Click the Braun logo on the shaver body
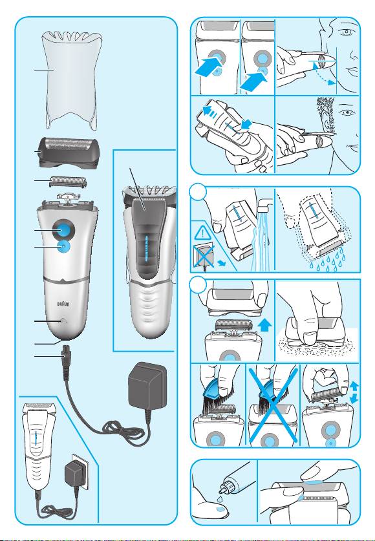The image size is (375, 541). pyautogui.click(x=63, y=304)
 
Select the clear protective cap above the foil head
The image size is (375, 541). pyautogui.click(x=72, y=80)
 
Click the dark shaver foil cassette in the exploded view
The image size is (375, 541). pyautogui.click(x=68, y=152)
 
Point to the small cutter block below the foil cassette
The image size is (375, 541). pyautogui.click(x=68, y=182)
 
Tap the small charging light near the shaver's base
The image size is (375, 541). pyautogui.click(x=63, y=321)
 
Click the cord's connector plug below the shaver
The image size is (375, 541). pyautogui.click(x=65, y=353)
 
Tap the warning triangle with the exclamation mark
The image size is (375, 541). pyautogui.click(x=201, y=234)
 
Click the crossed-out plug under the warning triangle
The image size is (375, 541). pyautogui.click(x=204, y=256)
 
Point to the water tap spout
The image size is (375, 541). pyautogui.click(x=265, y=205)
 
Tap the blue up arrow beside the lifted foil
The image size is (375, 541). pyautogui.click(x=264, y=326)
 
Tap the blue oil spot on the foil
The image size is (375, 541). pyautogui.click(x=314, y=482)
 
